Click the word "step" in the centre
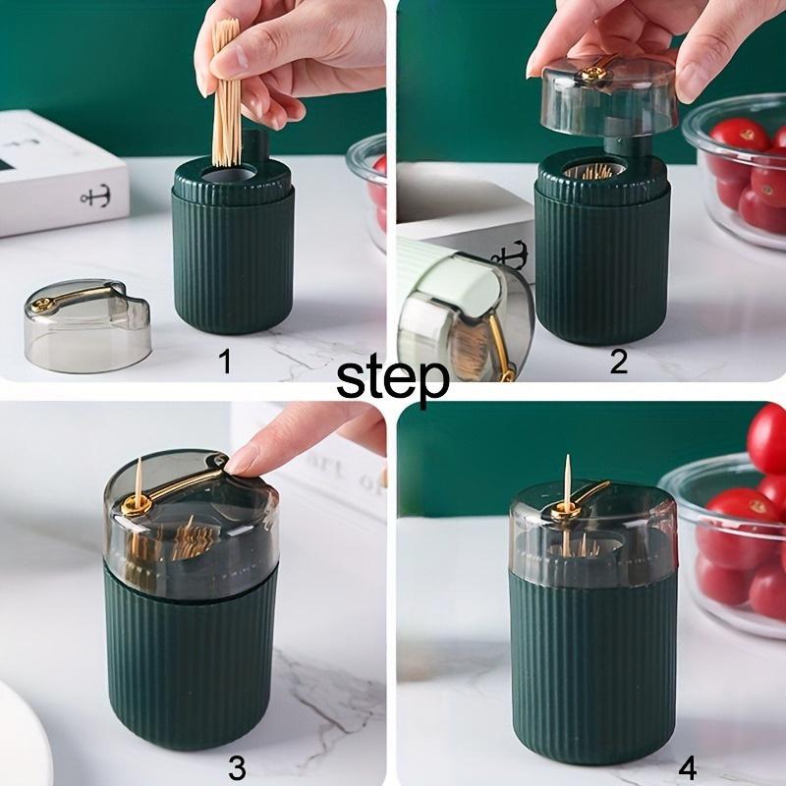393,378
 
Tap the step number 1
225,363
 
